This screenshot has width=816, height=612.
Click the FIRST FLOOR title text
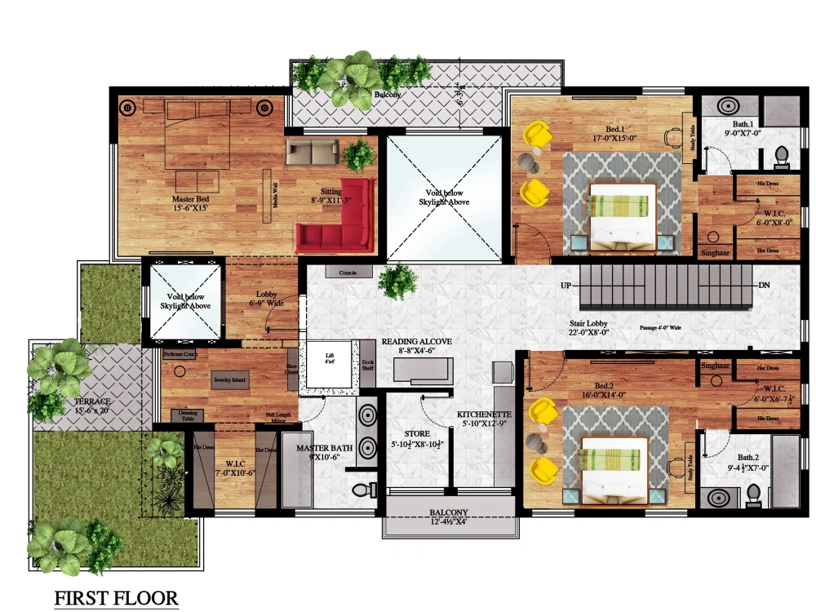pos(116,598)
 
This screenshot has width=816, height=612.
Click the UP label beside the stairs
pos(565,286)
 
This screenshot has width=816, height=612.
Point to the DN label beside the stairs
pos(765,286)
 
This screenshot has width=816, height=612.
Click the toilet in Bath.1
pos(780,154)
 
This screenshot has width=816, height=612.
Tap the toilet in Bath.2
pos(753,494)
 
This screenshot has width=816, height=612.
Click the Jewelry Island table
pos(231,380)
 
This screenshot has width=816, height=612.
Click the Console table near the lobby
pos(348,272)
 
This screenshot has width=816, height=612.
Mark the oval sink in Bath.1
pos(729,106)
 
